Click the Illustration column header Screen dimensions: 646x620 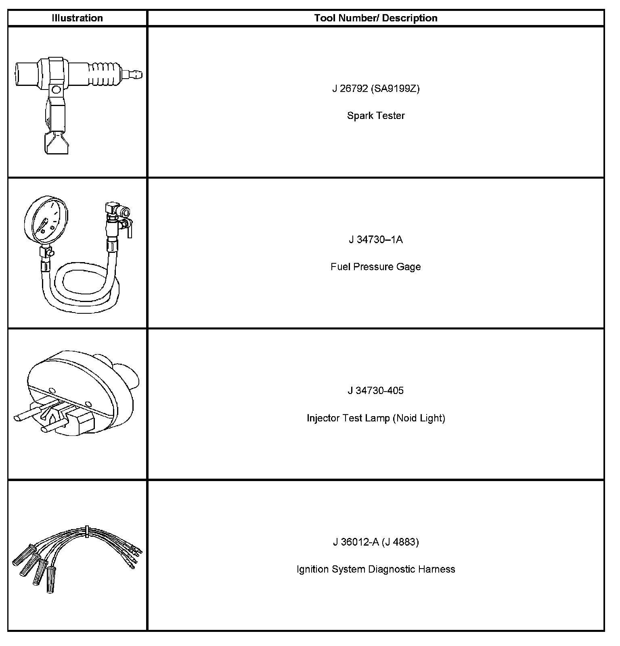click(x=77, y=18)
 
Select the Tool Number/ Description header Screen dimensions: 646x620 click(x=376, y=18)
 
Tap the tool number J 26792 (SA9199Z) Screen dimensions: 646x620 click(x=376, y=88)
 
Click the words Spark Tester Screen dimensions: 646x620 click(x=376, y=116)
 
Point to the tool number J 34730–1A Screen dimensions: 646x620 click(x=376, y=240)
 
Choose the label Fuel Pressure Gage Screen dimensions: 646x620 click(x=376, y=267)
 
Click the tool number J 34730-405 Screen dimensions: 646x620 click(x=376, y=390)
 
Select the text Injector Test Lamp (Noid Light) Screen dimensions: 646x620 click(x=376, y=418)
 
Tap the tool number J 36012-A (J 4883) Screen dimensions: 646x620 click(x=376, y=542)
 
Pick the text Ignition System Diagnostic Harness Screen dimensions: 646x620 click(x=376, y=569)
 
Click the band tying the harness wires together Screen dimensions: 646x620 click(x=87, y=531)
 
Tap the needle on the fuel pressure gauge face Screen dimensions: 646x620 click(x=44, y=226)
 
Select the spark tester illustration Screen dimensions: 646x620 click(x=77, y=101)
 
